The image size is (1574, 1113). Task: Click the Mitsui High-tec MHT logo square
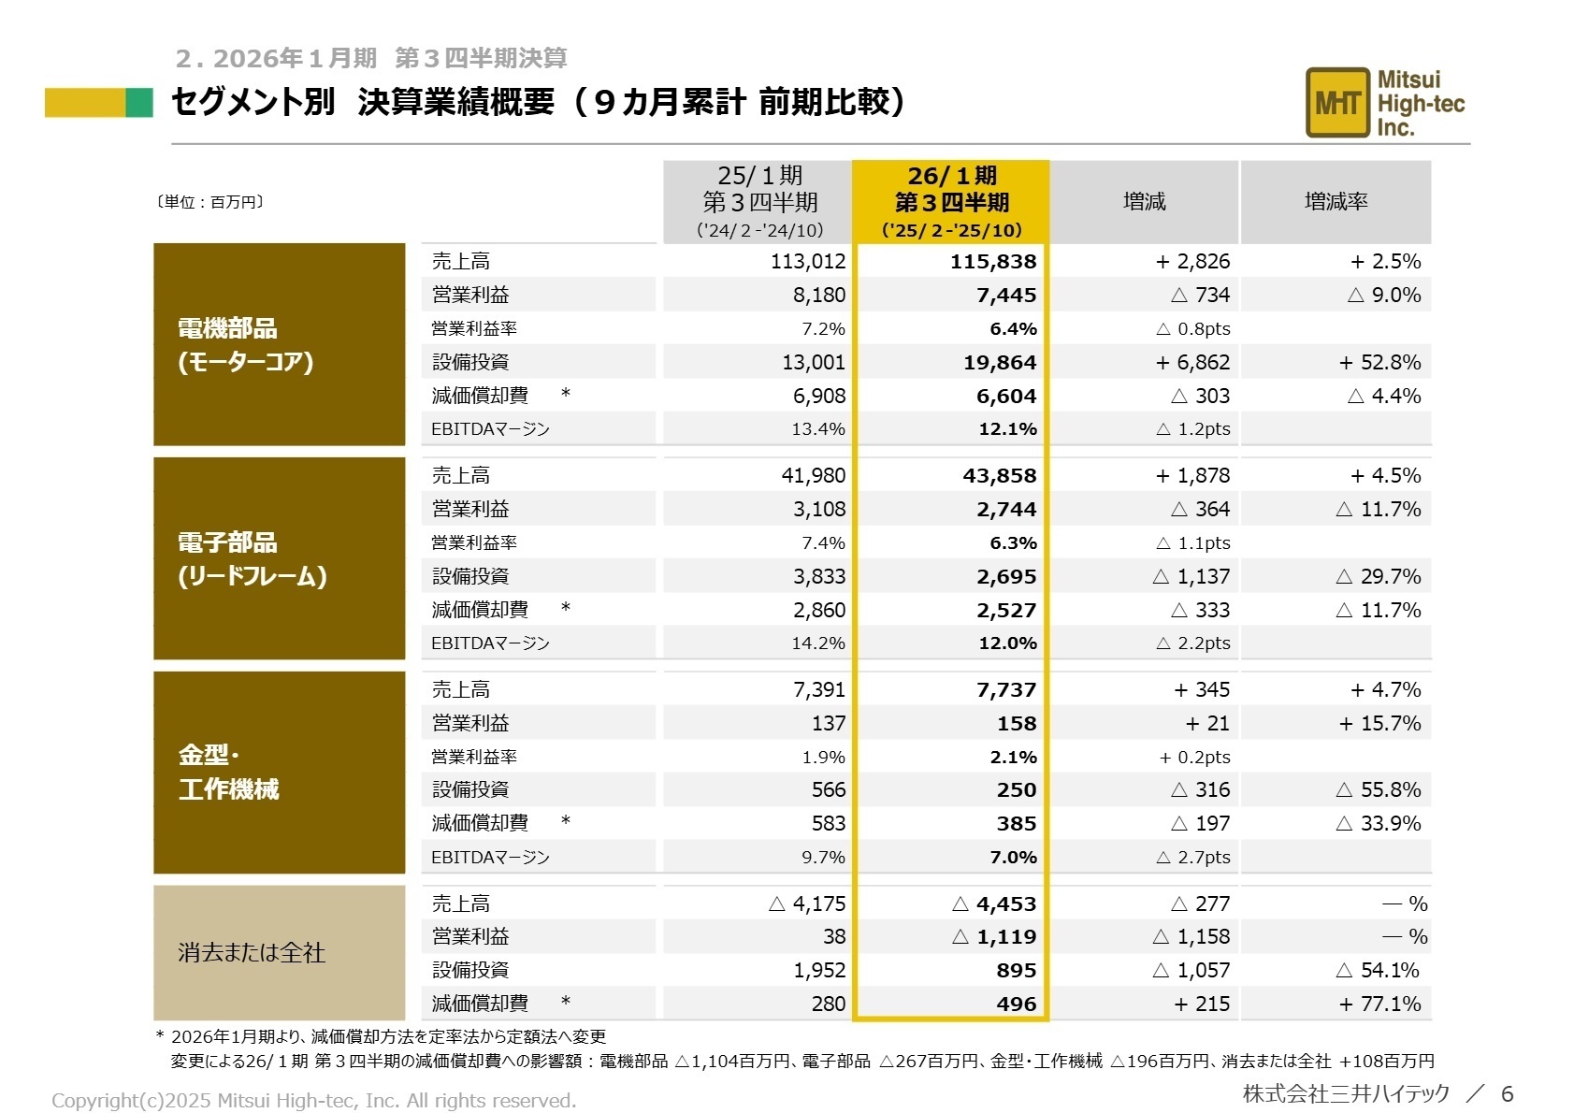1336,103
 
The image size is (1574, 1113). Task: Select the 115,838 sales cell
992,262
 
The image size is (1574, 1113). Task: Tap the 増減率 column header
1335,201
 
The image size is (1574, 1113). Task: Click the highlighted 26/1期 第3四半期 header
950,202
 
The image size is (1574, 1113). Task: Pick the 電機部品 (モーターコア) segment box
279,344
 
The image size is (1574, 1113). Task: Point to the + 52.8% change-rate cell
1379,363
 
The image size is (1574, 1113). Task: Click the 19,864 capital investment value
999,363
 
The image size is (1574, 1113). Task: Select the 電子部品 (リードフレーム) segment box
279,558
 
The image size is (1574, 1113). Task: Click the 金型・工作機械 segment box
279,773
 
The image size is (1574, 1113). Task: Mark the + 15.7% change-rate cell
1379,724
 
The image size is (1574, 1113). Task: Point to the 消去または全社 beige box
279,953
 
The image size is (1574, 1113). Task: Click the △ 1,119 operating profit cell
993,937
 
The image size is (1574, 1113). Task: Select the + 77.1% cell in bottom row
1379,1005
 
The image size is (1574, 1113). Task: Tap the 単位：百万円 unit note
209,202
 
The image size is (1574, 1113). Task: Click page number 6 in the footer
1506,1093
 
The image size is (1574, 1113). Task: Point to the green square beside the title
138,103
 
